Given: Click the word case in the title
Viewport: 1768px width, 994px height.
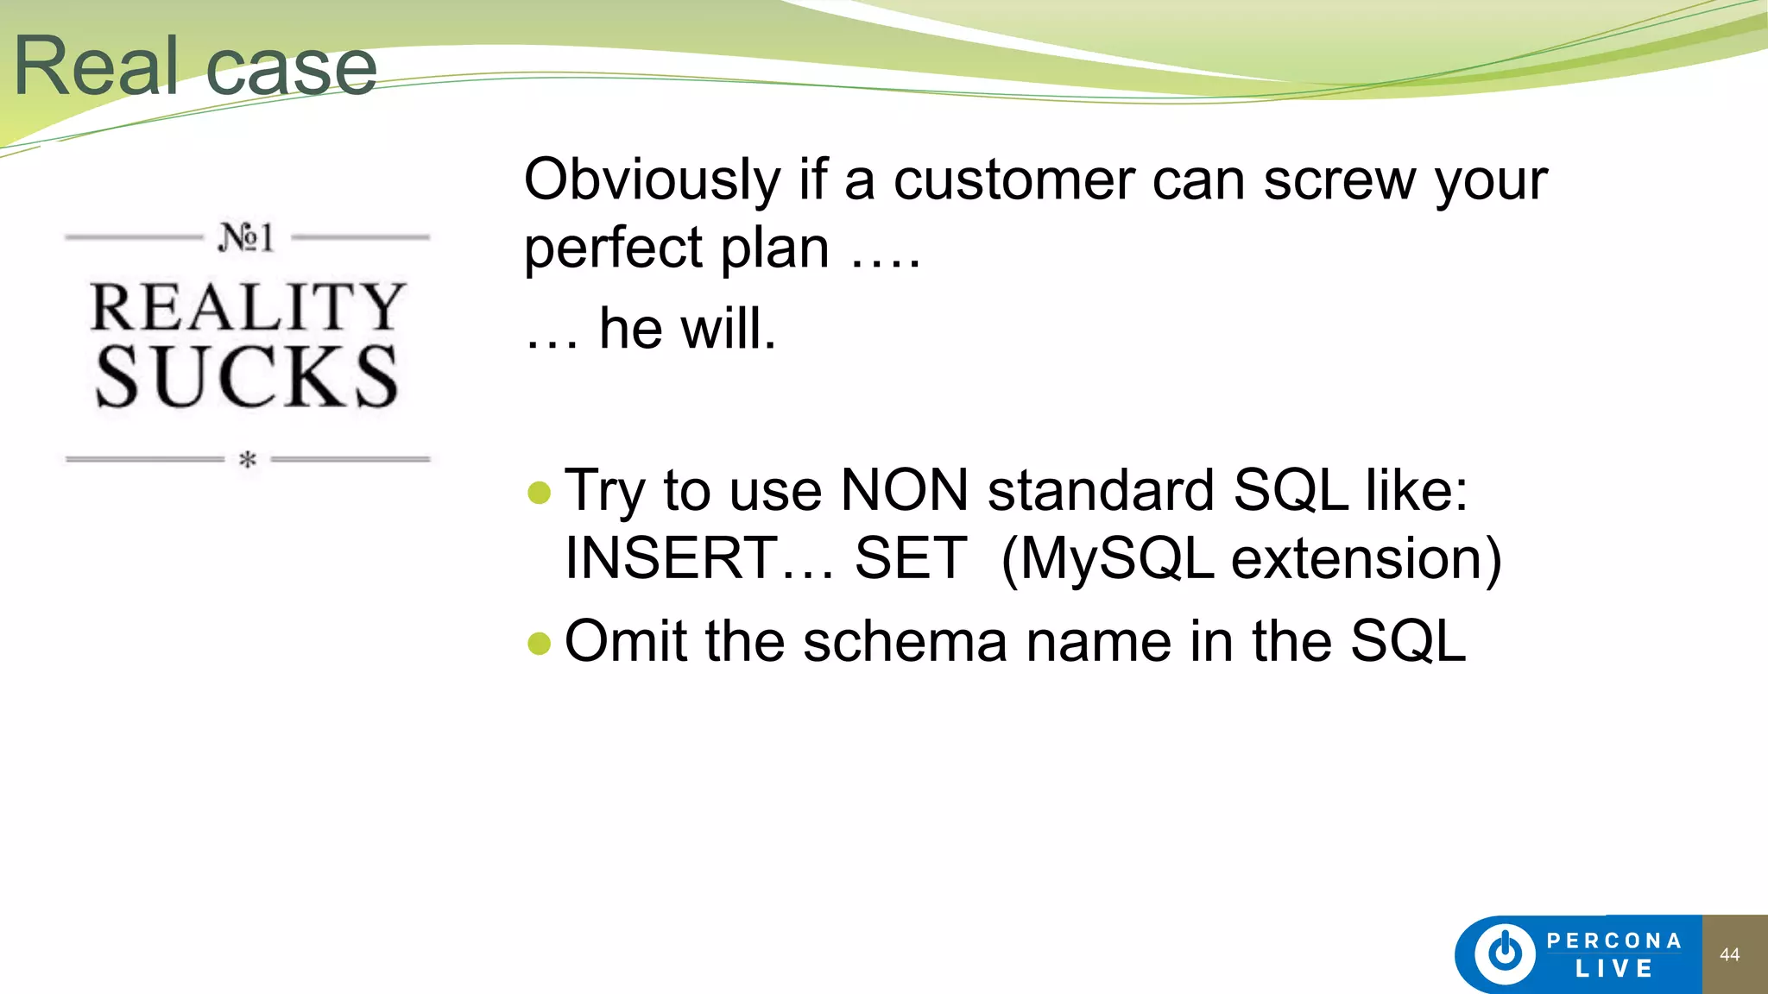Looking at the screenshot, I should (292, 68).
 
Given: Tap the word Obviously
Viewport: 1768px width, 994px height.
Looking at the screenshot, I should (652, 180).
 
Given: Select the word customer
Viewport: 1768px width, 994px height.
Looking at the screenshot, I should (1013, 180).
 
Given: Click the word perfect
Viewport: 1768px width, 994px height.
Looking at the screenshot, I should (614, 248).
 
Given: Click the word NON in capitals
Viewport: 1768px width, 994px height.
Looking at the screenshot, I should (904, 490).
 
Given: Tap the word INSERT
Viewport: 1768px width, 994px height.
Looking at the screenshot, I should (672, 558).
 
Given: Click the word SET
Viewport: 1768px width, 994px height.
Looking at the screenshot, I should (910, 558).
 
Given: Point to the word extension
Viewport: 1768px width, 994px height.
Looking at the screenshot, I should (1366, 559).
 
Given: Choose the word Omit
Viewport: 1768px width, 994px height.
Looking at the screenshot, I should (626, 641).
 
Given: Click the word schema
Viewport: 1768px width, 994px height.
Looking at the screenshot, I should (905, 641).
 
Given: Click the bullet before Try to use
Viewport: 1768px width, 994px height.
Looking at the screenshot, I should (539, 493).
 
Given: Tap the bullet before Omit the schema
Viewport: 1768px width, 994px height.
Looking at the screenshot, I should (539, 643).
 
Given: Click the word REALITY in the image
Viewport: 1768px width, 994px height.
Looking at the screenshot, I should (248, 307).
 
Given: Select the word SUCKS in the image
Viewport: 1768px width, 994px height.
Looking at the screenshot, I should (247, 377).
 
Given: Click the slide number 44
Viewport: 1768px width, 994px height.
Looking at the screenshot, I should (1729, 954).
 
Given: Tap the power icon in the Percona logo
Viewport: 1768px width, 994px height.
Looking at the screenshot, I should (1505, 953).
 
